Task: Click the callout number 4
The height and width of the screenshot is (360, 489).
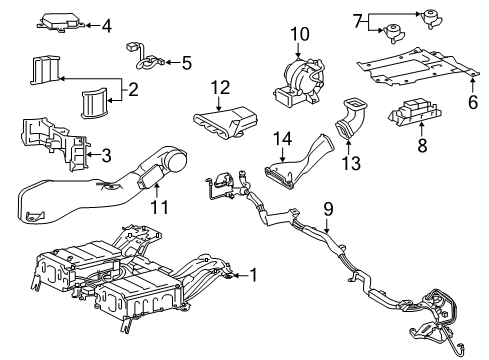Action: pos(106,26)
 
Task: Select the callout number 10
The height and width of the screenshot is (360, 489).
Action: pos(300,34)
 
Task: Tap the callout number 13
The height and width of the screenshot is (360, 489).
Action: pos(351,163)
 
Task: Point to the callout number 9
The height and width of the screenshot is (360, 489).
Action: pos(328,209)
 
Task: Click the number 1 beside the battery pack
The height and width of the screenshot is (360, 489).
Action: pos(254,275)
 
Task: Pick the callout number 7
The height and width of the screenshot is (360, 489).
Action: pos(358,22)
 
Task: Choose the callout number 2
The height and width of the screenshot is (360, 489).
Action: pos(133,89)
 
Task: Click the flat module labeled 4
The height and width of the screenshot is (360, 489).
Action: pos(61,22)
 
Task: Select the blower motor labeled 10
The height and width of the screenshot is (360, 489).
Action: pos(298,82)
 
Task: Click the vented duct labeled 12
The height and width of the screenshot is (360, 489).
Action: pos(225,122)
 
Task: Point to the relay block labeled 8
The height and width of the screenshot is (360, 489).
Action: pos(415,113)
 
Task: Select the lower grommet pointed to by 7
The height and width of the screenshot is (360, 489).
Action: pos(395,34)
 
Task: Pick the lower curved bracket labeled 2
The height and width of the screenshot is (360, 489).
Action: pos(94,103)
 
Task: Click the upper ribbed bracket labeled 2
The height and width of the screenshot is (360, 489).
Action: pos(45,70)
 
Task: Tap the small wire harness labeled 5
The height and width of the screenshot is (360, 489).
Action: pos(145,57)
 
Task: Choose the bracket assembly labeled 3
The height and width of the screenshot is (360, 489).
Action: pos(55,143)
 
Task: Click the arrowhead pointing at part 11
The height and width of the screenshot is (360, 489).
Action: pos(156,185)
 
